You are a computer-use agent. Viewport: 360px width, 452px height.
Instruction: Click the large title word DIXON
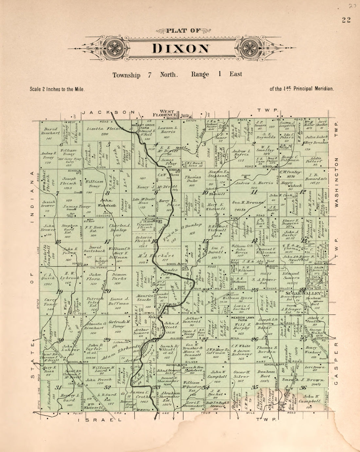pyautogui.click(x=181, y=48)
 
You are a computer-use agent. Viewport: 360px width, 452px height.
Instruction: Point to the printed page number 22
pyautogui.click(x=346, y=20)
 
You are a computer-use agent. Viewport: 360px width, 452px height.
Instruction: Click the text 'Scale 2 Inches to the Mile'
pyautogui.click(x=57, y=89)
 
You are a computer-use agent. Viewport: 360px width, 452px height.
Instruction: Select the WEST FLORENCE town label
pyautogui.click(x=167, y=113)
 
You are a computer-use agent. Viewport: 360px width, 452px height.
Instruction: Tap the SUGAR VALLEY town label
pyautogui.click(x=300, y=293)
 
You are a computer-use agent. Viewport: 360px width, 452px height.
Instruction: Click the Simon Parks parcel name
pyautogui.click(x=119, y=277)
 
